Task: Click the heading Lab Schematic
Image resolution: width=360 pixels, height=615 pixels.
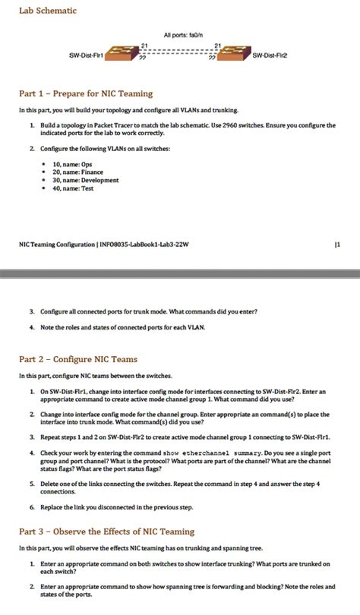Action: (x=48, y=11)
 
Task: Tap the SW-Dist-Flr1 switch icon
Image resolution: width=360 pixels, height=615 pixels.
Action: (x=117, y=54)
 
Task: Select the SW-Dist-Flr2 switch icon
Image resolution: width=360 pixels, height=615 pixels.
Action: (x=235, y=54)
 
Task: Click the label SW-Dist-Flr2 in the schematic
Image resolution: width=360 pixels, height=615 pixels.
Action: (x=270, y=55)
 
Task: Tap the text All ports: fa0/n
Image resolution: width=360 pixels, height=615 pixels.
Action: (x=180, y=36)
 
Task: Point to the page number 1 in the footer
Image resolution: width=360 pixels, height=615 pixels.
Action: (x=336, y=244)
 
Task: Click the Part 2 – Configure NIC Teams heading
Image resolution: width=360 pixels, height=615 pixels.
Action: (x=77, y=358)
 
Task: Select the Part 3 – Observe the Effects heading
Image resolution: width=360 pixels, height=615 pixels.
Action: (x=106, y=531)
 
